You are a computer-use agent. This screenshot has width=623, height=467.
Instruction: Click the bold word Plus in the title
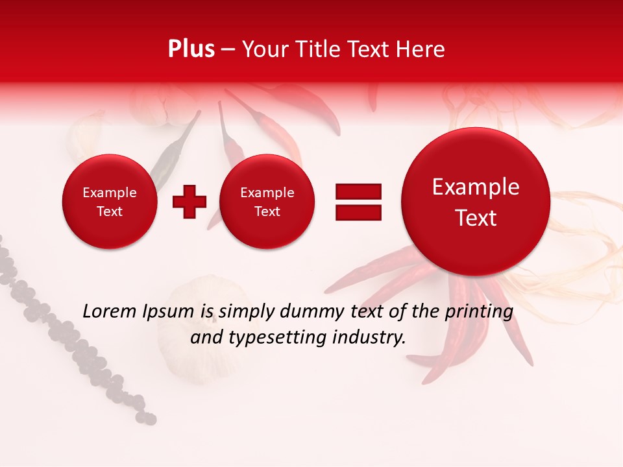[191, 49]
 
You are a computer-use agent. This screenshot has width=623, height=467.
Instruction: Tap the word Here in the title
[422, 49]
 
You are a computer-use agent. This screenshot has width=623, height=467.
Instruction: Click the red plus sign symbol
[189, 202]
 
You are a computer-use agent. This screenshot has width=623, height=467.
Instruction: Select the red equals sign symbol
[358, 202]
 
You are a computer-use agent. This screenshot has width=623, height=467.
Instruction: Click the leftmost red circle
[110, 202]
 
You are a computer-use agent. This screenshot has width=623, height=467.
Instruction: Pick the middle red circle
[267, 202]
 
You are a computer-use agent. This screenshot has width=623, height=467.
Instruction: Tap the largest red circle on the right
[476, 202]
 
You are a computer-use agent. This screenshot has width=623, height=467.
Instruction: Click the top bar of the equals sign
[358, 191]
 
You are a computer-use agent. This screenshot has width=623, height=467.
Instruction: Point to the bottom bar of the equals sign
[358, 212]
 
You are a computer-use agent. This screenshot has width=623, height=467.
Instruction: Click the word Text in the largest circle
[476, 218]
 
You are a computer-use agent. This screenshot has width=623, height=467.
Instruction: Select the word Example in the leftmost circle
[110, 193]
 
